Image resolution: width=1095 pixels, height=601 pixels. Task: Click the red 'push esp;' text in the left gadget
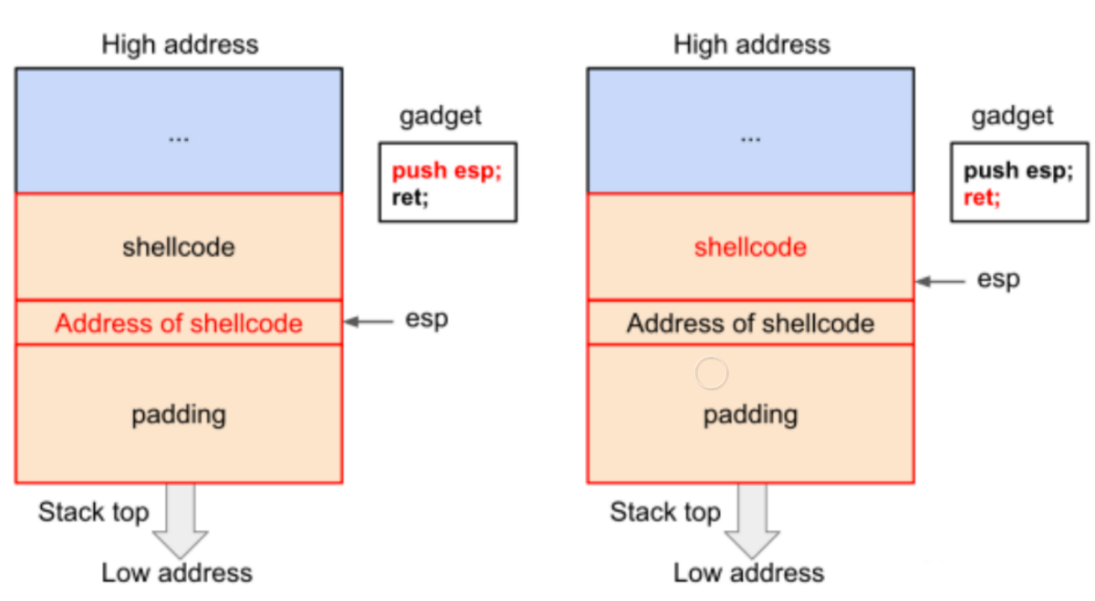click(447, 171)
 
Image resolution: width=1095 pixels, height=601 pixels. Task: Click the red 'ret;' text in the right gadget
click(982, 198)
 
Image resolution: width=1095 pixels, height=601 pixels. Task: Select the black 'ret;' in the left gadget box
click(410, 198)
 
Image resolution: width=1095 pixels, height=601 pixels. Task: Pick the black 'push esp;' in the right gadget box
click(1018, 171)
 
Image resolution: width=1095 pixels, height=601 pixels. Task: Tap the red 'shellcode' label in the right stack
click(750, 247)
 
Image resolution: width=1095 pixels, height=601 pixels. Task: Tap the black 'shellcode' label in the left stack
click(179, 247)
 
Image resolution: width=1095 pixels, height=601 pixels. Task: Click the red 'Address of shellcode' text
click(179, 324)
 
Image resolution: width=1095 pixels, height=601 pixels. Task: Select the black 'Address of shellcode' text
click(750, 324)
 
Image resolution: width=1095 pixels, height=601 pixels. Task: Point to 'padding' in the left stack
click(179, 416)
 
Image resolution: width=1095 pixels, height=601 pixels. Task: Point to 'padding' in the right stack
click(750, 416)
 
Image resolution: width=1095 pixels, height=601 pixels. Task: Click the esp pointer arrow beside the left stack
click(369, 322)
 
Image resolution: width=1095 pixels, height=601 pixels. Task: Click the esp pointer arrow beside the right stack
click(941, 282)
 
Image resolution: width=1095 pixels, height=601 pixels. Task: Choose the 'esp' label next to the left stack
click(427, 320)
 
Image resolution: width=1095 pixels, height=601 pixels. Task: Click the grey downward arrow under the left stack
click(181, 521)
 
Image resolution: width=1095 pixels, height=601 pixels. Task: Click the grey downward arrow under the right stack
click(752, 521)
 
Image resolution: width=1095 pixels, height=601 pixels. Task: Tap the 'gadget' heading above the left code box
click(441, 117)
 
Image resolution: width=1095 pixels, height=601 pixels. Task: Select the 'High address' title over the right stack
click(752, 45)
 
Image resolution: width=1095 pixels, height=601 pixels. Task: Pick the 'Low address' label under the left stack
click(177, 573)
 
